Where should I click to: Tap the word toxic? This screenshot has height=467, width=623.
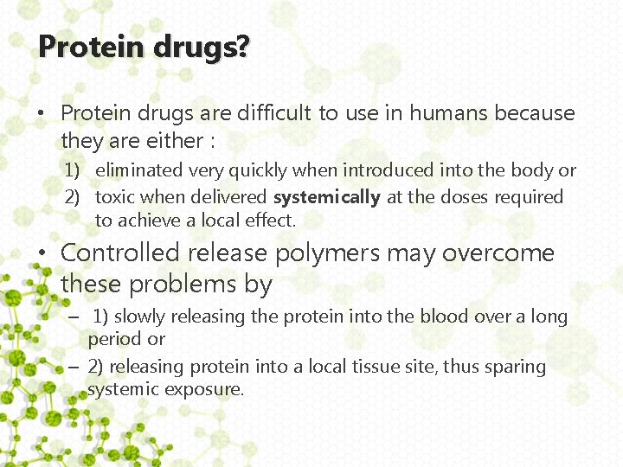(115, 197)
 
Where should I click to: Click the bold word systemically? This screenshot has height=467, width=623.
(326, 197)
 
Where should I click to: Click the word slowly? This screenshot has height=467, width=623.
(139, 317)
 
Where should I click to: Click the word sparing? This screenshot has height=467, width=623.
(516, 367)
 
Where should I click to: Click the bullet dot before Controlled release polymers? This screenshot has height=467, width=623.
(42, 254)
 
